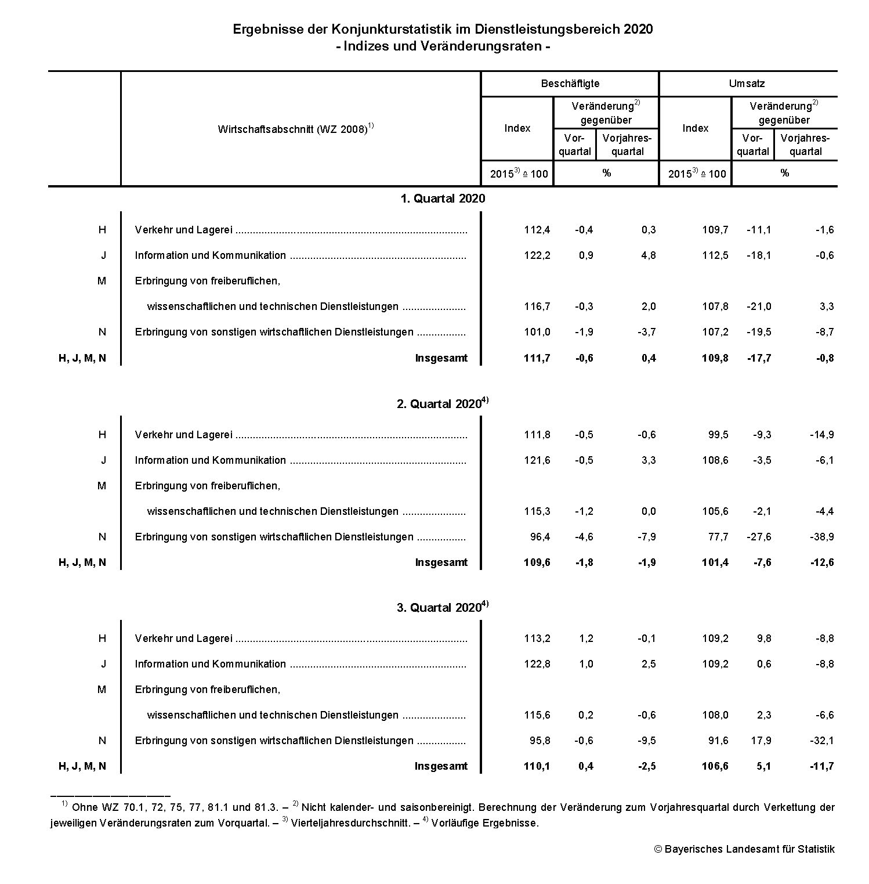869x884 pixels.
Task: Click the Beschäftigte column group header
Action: (x=570, y=84)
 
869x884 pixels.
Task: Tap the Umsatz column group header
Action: (x=747, y=84)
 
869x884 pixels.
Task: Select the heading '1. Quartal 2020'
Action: (x=442, y=199)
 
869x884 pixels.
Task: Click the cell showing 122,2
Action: (x=537, y=255)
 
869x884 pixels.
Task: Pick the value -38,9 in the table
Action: (x=821, y=537)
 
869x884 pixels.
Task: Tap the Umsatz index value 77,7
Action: (x=718, y=537)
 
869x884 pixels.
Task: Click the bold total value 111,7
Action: (x=537, y=358)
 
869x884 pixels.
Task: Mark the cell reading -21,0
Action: (x=759, y=306)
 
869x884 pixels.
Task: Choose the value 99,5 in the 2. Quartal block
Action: (x=718, y=435)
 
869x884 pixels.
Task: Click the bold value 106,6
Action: (x=715, y=766)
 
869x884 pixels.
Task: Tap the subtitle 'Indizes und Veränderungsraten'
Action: (x=442, y=46)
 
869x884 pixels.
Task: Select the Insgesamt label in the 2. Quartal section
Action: (x=441, y=562)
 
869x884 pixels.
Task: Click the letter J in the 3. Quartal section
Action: (x=103, y=664)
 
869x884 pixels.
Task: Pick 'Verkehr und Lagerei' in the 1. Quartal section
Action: (x=183, y=230)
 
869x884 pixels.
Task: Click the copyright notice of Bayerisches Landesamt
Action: (x=744, y=849)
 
